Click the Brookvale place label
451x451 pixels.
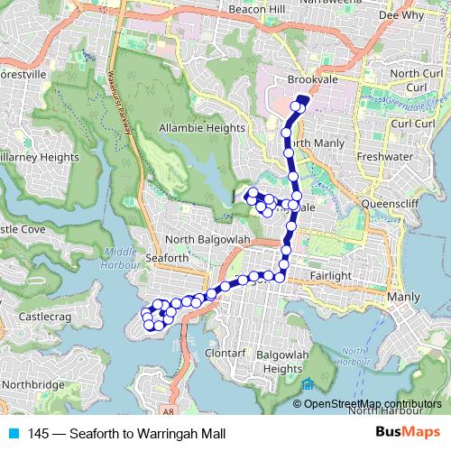[312, 80]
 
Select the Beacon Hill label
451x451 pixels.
[232, 7]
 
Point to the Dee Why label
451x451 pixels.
[400, 15]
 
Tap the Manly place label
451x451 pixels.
[402, 296]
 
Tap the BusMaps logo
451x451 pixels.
[407, 434]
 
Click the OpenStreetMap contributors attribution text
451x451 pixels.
[373, 403]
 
